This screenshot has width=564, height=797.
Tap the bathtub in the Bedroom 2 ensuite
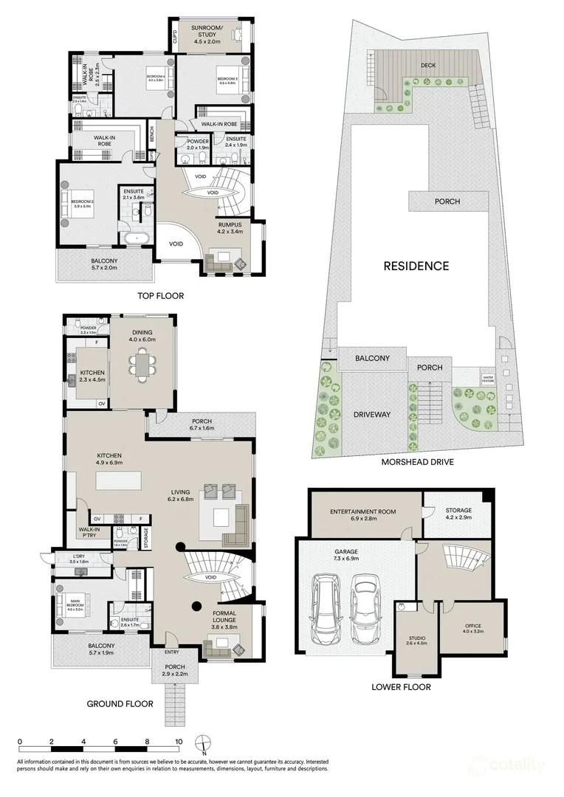pyautogui.click(x=137, y=238)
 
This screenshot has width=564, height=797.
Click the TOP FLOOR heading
pyautogui.click(x=160, y=296)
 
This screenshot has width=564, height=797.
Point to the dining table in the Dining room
pyautogui.click(x=142, y=363)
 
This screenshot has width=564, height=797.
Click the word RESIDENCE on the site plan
pyautogui.click(x=415, y=266)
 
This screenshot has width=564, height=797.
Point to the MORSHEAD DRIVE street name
pyautogui.click(x=417, y=462)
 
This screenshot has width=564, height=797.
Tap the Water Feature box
pyautogui.click(x=488, y=379)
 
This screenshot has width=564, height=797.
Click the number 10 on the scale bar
pyautogui.click(x=178, y=742)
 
